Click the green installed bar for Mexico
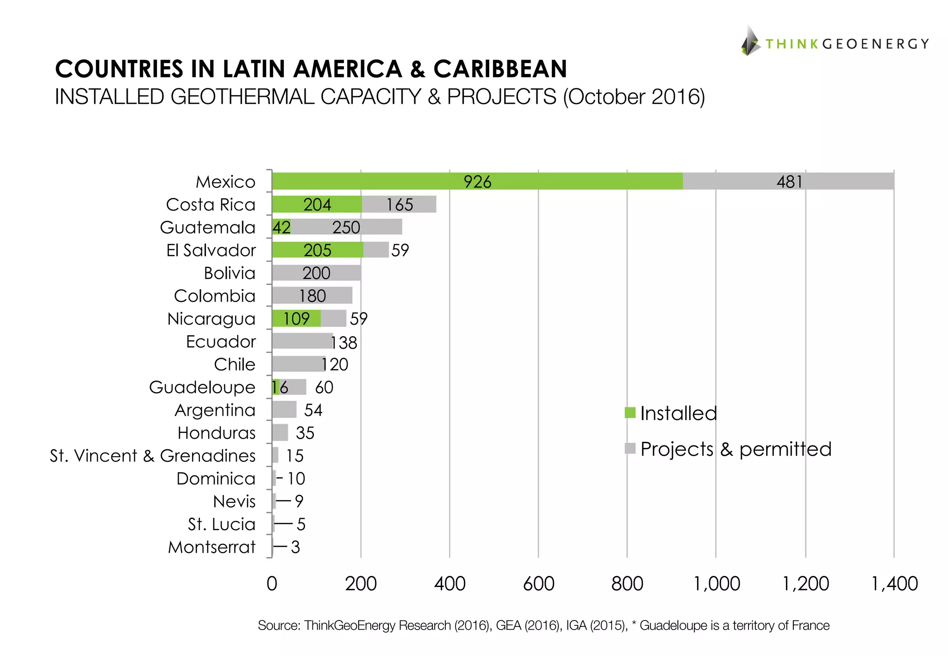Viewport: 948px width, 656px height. pos(477,181)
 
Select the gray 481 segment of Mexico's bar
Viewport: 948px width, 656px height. pos(788,181)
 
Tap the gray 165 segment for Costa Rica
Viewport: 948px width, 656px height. pos(399,204)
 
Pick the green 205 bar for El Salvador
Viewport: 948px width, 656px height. pos(318,250)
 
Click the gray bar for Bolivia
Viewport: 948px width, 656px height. pos(317,273)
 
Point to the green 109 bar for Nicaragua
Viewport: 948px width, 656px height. pos(296,318)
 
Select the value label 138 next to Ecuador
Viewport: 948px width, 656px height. pos(344,343)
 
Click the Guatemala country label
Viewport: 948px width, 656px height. pos(207,228)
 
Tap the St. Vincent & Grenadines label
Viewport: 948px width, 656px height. pos(153,456)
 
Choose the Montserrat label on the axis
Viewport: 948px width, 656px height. pos(212,547)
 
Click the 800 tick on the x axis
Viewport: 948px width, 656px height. pos(627,584)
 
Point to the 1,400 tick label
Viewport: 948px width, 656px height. pos(894,584)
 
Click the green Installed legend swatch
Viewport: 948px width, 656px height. pos(630,412)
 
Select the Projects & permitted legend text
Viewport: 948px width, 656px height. pos(736,449)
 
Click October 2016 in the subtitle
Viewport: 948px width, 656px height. pos(634,97)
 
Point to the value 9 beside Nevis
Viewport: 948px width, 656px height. pos(299,501)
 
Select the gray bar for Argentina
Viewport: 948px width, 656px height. pos(284,410)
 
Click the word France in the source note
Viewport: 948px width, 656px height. pos(810,625)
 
